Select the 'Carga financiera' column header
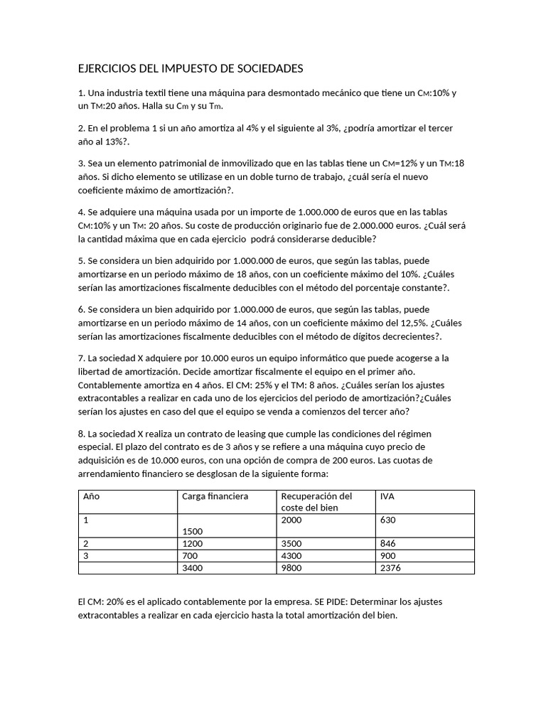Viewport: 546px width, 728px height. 215,496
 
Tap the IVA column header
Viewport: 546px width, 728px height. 387,496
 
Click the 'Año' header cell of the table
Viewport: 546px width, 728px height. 92,496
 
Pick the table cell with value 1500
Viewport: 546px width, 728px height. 193,531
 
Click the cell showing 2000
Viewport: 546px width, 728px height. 291,520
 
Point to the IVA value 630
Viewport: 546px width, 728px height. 387,520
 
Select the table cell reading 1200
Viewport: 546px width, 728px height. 193,543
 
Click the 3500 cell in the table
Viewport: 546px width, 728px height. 291,543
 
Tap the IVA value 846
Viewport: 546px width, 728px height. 388,543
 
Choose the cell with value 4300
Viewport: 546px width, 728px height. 291,555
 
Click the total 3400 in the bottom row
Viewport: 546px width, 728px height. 193,567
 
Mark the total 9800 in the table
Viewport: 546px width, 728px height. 291,567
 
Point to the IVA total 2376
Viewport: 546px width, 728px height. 390,567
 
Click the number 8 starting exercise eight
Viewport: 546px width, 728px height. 81,433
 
